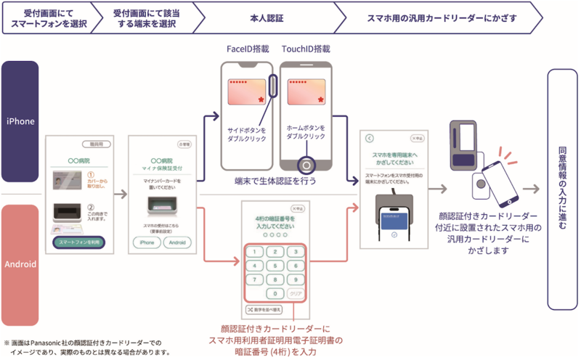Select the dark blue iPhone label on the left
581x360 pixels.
[x=20, y=121]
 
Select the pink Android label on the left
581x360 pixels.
[x=20, y=263]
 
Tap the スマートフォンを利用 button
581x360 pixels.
[x=81, y=242]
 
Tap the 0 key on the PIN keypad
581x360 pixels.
[x=275, y=293]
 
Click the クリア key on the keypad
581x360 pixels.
[x=295, y=293]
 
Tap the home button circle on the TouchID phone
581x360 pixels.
[x=306, y=164]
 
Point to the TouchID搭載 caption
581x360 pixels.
[x=306, y=49]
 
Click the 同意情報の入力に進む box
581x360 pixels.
[x=562, y=188]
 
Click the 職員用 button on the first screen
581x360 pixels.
[x=97, y=144]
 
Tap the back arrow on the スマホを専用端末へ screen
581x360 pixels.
[x=369, y=137]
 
